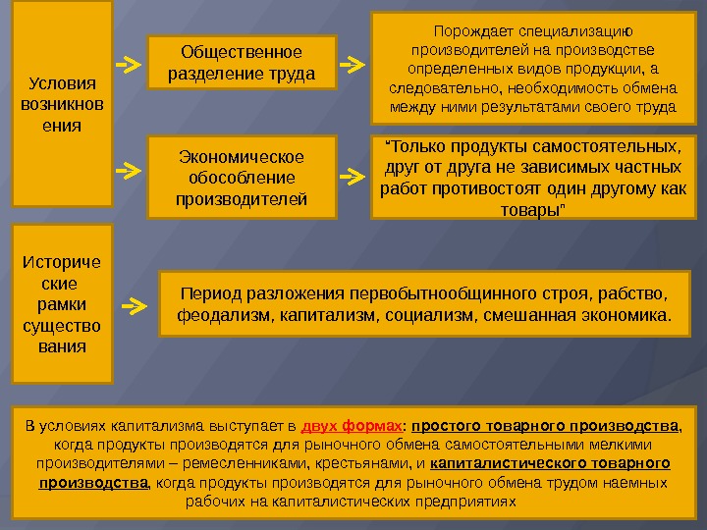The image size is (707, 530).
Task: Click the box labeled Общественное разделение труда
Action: coord(242,62)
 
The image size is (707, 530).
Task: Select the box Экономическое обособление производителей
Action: coord(242,178)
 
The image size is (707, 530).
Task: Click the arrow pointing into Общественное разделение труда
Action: coord(128,65)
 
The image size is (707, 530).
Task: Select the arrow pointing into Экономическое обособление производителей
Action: coord(128,170)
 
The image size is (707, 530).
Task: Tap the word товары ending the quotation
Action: coord(532,210)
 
